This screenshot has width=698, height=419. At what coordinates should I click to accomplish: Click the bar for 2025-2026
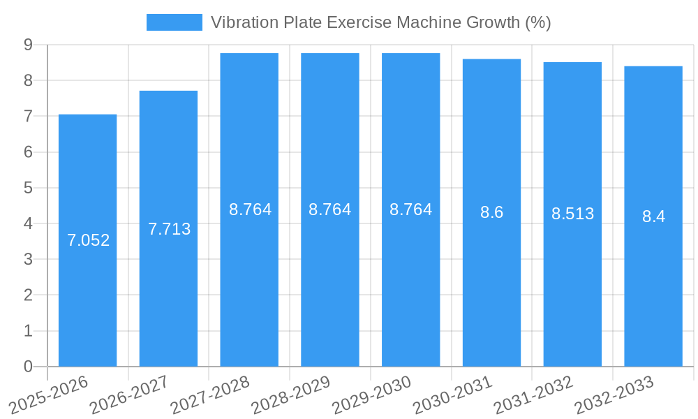(x=87, y=279)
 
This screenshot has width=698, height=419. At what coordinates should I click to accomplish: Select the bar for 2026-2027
(x=168, y=279)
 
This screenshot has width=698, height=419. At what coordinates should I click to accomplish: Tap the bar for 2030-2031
(x=491, y=279)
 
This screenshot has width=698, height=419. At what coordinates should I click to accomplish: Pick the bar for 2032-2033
(x=653, y=279)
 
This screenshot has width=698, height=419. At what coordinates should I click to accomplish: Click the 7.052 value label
(x=88, y=240)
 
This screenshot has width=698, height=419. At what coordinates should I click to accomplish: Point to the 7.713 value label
(x=169, y=228)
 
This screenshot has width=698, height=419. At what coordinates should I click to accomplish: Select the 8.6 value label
(x=491, y=213)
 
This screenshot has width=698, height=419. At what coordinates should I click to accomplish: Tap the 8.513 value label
(x=572, y=214)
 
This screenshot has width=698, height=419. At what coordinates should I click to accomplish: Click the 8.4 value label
(x=653, y=216)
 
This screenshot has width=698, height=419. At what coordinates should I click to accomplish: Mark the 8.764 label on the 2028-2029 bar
(x=330, y=209)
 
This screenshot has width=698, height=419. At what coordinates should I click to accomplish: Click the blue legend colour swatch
(x=174, y=22)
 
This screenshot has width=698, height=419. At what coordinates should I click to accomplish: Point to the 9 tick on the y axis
(x=28, y=45)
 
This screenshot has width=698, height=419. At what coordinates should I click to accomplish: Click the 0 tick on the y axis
(x=28, y=367)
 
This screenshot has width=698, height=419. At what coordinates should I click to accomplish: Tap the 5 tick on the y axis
(x=28, y=188)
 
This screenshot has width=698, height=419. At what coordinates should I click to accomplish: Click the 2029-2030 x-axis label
(x=372, y=395)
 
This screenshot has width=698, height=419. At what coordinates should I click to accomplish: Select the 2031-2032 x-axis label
(x=533, y=395)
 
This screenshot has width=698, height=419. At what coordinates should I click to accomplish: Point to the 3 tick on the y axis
(x=28, y=260)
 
